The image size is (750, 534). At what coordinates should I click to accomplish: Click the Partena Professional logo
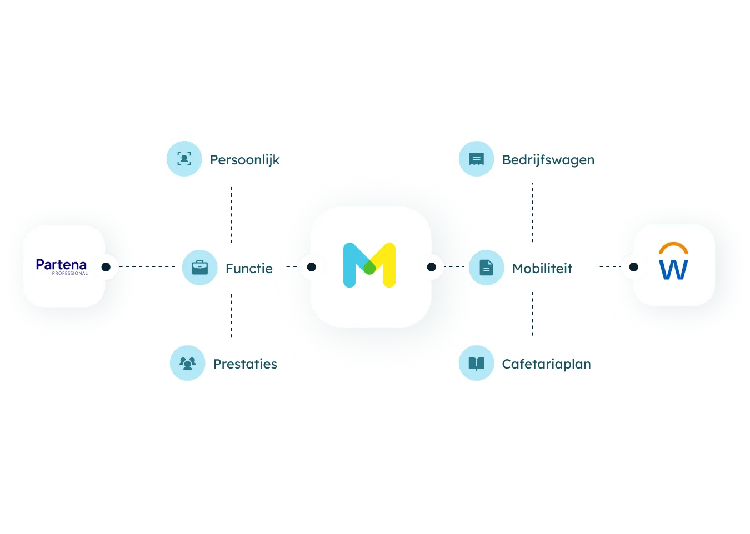(62, 266)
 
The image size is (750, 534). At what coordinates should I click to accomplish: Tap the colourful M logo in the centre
(369, 265)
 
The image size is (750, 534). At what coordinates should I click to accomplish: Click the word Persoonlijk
(245, 160)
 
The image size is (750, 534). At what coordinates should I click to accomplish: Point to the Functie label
(249, 268)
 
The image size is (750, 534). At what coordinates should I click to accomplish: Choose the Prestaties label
(245, 364)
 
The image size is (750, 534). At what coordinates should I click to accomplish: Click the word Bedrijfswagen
(548, 160)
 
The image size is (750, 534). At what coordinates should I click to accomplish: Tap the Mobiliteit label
(542, 268)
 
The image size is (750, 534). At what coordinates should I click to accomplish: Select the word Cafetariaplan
(547, 364)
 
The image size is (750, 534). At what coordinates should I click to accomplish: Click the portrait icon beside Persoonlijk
(184, 159)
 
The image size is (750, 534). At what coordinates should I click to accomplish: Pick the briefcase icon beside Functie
(199, 268)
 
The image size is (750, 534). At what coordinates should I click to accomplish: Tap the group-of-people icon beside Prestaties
(188, 363)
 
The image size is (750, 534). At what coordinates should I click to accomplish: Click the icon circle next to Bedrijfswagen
(477, 159)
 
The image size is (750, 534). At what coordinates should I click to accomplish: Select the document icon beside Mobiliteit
(486, 268)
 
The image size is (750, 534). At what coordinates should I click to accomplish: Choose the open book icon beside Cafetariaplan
(477, 363)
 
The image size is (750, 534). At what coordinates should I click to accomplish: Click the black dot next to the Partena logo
(106, 267)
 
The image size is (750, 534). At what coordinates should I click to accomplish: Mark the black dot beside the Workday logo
(633, 267)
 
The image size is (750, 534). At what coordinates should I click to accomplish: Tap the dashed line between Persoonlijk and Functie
(231, 215)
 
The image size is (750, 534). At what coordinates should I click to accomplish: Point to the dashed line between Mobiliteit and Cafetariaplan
(532, 314)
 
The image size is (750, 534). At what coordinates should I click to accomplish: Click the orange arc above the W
(673, 244)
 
